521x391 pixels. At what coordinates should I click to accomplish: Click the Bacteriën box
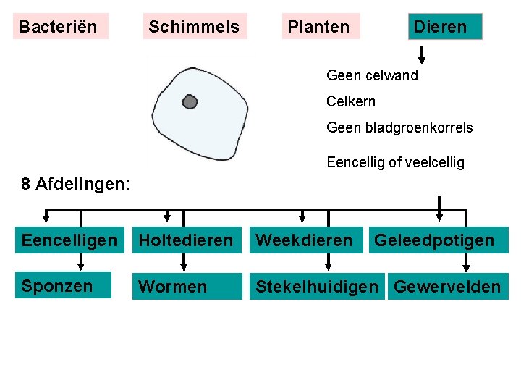60,27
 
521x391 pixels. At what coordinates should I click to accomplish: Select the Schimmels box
194,27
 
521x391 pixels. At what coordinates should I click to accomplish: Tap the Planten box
318,27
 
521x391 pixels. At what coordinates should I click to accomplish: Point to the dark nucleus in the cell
190,102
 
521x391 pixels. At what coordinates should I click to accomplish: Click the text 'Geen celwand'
372,75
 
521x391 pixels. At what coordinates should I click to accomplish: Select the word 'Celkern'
351,101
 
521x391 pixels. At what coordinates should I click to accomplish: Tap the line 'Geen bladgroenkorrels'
399,127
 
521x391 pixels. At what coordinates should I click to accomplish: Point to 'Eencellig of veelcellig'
395,162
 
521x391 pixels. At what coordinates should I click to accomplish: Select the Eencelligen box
69,240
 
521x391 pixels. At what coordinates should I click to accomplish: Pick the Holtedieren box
187,240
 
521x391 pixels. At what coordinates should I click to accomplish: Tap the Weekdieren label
305,240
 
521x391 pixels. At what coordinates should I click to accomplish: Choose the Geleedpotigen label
434,240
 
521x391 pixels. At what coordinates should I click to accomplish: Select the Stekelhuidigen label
317,287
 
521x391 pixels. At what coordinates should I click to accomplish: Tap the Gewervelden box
446,287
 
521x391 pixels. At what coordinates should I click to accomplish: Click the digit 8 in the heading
26,184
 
